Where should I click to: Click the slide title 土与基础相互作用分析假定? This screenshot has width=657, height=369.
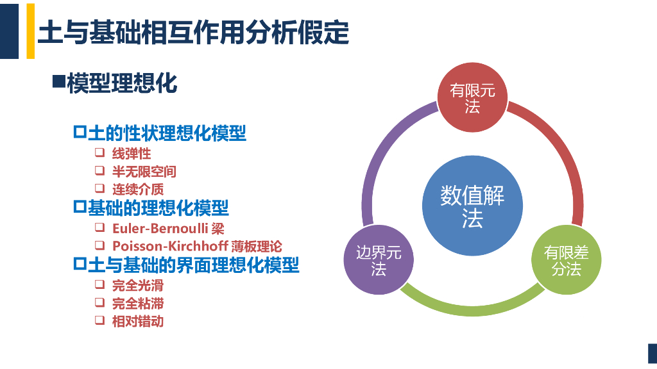(193, 31)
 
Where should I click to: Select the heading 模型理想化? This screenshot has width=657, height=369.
(122, 83)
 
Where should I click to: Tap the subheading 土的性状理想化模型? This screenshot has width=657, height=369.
(167, 133)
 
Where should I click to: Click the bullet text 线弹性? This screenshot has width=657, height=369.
(132, 154)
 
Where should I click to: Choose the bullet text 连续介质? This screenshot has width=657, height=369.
(138, 189)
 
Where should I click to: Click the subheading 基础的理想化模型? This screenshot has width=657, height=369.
(158, 208)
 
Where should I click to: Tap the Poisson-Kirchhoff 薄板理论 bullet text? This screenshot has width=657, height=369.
(197, 246)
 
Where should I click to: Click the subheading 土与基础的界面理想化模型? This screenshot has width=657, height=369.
(193, 265)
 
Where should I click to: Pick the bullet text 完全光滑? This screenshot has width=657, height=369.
(138, 285)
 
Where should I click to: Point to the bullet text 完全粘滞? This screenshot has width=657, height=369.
(138, 303)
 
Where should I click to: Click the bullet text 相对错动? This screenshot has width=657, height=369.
(138, 321)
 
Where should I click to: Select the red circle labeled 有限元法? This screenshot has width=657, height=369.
(472, 98)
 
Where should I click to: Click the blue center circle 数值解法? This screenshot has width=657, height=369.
(472, 206)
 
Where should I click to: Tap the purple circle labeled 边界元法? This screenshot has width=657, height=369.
(379, 260)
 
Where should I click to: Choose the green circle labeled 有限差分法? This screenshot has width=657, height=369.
(566, 260)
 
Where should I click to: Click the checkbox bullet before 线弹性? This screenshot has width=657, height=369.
(99, 153)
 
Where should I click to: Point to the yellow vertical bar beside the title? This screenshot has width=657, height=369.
(30, 30)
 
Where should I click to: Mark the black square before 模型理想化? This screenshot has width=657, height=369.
(58, 81)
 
